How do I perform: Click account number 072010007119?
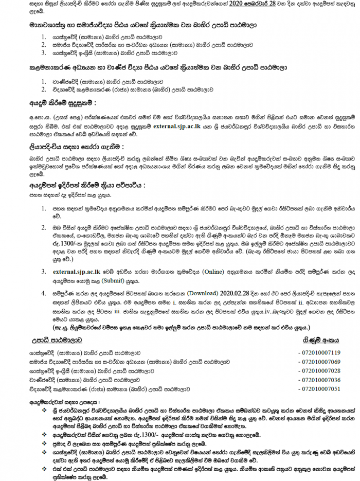tap(320, 353)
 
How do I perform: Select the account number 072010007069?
tap(320, 362)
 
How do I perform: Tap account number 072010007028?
tap(320, 371)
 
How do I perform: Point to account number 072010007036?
tap(320, 380)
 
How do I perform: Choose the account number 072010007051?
tap(320, 389)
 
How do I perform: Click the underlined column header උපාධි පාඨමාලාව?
tap(56, 340)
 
